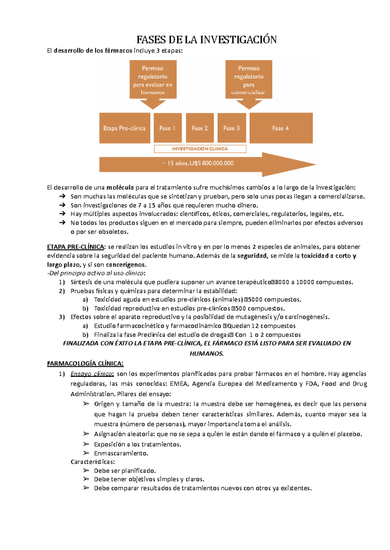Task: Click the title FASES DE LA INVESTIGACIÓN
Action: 206,40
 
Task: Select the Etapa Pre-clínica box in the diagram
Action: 124,128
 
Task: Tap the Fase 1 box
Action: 167,128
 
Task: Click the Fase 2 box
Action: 200,128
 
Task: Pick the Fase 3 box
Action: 231,128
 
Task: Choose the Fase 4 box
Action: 281,128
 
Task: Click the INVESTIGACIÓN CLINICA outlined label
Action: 200,149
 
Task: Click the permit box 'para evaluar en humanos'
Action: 153,80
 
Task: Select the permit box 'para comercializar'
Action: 249,80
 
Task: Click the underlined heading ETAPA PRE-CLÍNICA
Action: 76,247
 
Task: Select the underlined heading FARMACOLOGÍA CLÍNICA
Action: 85,364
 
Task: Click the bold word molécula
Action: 120,188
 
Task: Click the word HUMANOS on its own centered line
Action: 206,354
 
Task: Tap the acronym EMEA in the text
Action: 179,384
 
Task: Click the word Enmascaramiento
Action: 121,454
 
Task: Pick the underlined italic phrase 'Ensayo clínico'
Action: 92,374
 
